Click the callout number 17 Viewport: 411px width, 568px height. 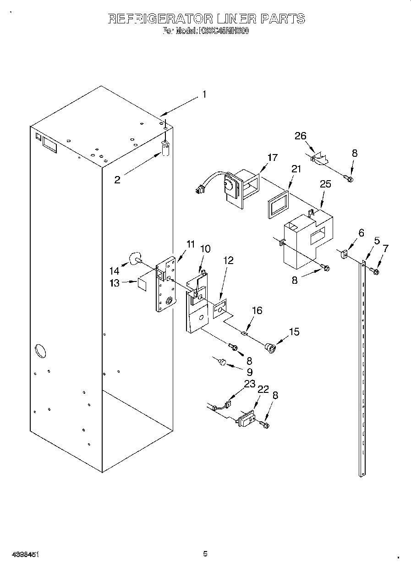(x=272, y=158)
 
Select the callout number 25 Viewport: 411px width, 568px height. (x=325, y=184)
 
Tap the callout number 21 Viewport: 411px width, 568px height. (x=296, y=169)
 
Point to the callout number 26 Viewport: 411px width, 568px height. (x=301, y=136)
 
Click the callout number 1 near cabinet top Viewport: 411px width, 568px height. (x=204, y=95)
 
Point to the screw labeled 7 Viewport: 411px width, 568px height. (x=376, y=272)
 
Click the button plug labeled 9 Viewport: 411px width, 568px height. (x=222, y=363)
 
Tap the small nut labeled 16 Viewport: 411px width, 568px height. (x=245, y=333)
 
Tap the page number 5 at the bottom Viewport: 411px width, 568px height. (x=205, y=554)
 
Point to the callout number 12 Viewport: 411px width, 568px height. (x=228, y=260)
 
